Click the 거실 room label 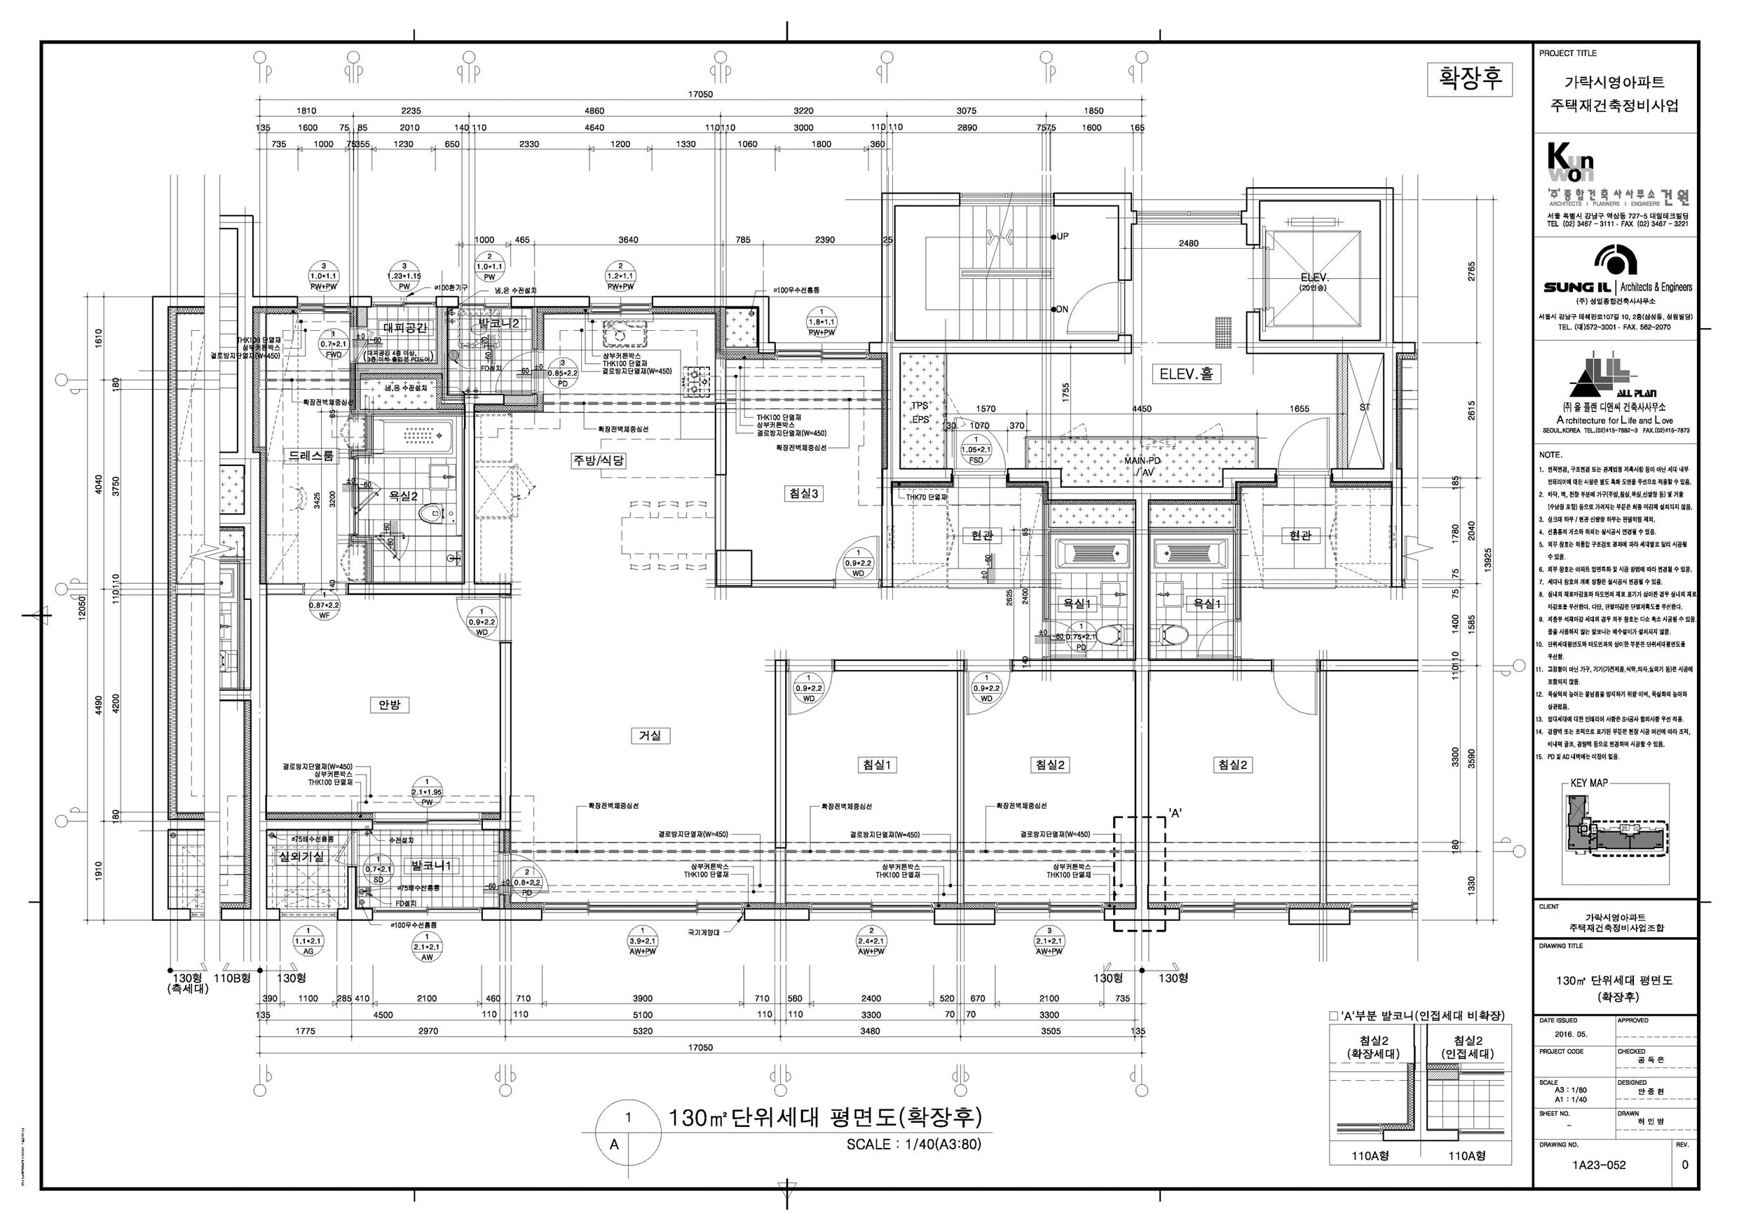coord(649,735)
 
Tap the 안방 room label coord(389,704)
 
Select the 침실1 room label coord(876,765)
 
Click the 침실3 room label coord(803,494)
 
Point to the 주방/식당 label coord(599,460)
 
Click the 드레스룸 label coord(311,456)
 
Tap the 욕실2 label coord(403,496)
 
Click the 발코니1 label coord(431,865)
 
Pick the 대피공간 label coord(405,328)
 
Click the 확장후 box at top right coord(1469,78)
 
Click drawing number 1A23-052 coord(1598,1165)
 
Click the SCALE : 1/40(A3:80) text coord(913,1144)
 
